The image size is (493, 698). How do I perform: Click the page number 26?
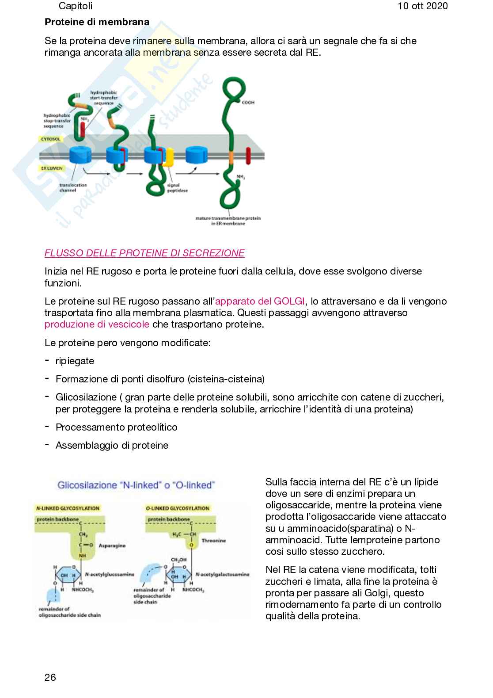coord(50,677)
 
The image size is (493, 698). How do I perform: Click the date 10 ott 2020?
coord(422,6)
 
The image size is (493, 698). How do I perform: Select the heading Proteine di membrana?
coord(97,22)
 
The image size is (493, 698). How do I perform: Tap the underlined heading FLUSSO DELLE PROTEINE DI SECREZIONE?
coord(144,253)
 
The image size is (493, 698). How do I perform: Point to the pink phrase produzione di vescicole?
coord(97,324)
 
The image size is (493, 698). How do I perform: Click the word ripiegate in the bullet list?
coord(75,361)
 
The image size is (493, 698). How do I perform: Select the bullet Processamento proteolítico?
coord(116,427)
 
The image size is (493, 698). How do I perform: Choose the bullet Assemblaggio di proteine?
coord(112,445)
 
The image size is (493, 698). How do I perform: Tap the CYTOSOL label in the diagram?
coord(51,139)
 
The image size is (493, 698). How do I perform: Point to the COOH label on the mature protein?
coord(248,103)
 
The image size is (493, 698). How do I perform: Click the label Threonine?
coord(213,541)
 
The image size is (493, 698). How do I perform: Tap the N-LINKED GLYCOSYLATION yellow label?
coord(68,508)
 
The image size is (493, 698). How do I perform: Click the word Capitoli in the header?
coord(76,6)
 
